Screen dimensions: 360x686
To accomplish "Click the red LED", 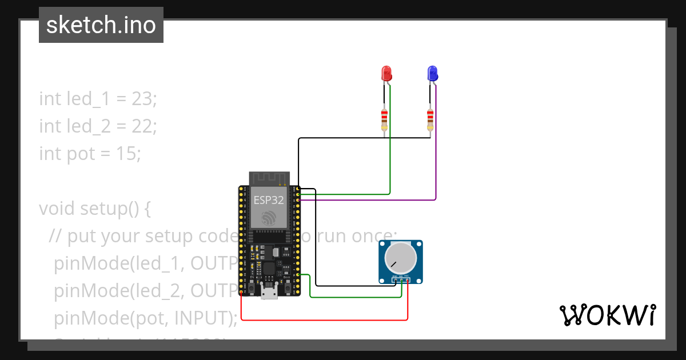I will (386, 73).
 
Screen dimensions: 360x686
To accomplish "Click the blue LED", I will (433, 73).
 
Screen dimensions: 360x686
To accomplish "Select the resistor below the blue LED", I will (430, 119).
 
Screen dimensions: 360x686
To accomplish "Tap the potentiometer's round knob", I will (401, 257).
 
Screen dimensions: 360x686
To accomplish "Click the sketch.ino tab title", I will (101, 25).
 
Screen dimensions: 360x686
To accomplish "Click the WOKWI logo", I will (607, 315).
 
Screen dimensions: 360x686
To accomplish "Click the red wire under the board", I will (320, 319).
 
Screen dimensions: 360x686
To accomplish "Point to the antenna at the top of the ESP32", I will (269, 178).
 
